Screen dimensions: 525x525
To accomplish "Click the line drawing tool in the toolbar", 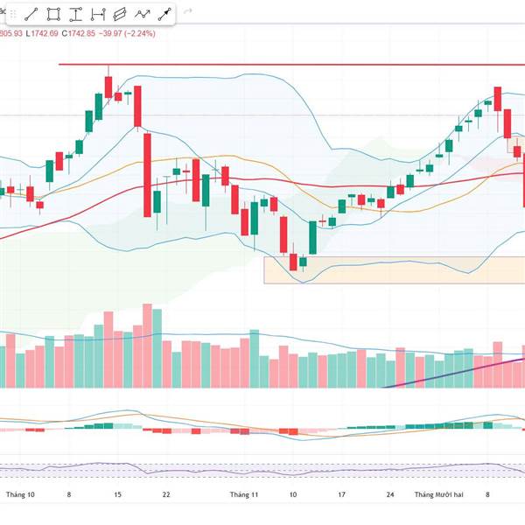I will click(31, 14).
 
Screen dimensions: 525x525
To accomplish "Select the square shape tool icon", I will click(54, 14).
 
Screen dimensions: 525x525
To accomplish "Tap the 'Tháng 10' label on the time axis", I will click(20, 494).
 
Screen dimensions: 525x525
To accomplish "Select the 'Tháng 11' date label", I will click(244, 494).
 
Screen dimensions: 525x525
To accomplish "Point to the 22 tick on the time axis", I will click(166, 494).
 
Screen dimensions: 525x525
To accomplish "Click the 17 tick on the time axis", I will click(341, 494).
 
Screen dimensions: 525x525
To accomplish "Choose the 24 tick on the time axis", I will click(390, 494).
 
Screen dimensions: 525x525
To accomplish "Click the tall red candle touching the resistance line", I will click(108, 85).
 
